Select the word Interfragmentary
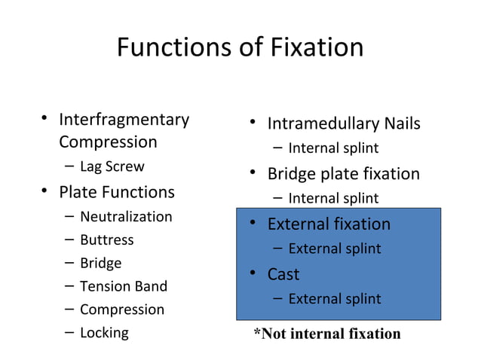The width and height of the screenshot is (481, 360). click(x=124, y=120)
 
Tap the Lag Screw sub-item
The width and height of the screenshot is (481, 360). click(x=112, y=166)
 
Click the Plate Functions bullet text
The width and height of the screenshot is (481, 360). click(x=117, y=192)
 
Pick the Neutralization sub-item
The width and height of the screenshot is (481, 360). click(x=126, y=217)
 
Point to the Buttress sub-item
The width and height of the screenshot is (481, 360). click(x=106, y=240)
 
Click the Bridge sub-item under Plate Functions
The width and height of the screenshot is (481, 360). click(x=100, y=264)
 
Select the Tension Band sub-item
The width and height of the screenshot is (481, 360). click(x=123, y=286)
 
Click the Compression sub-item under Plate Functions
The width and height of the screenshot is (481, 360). click(x=121, y=310)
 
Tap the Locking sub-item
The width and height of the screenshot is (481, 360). click(x=104, y=333)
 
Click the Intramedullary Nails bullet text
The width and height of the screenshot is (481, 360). click(x=344, y=124)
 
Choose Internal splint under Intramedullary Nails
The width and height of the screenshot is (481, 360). click(x=333, y=148)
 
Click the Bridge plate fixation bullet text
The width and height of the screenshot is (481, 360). click(x=343, y=174)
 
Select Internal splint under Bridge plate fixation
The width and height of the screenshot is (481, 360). click(x=333, y=199)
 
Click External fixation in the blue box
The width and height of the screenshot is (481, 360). click(x=329, y=224)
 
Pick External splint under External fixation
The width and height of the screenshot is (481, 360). click(x=334, y=249)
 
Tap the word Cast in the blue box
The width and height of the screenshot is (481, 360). click(x=283, y=274)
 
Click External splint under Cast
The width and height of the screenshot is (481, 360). click(x=334, y=299)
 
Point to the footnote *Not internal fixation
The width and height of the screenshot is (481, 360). click(x=326, y=334)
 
